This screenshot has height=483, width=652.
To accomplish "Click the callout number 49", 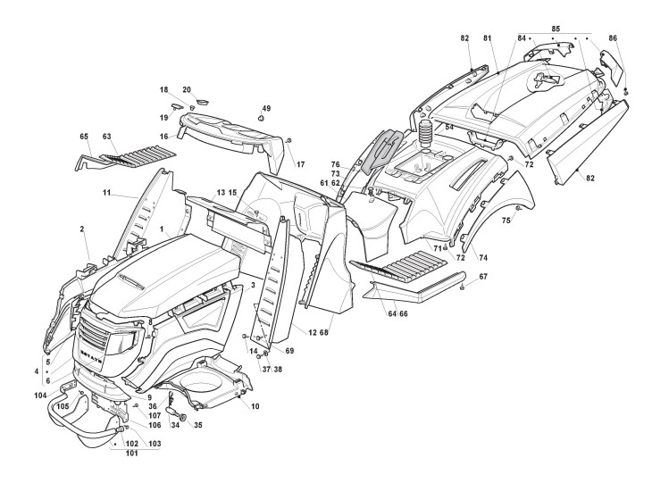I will [x=266, y=108].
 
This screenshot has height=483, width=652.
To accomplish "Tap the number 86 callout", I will [x=613, y=38].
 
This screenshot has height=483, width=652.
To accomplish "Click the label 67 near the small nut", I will [x=483, y=278].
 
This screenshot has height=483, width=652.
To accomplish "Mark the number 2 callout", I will [x=82, y=229].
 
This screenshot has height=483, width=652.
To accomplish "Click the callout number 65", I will [x=84, y=137].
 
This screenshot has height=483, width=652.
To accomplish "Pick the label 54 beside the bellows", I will [x=449, y=129].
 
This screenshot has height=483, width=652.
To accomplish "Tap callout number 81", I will [x=488, y=38].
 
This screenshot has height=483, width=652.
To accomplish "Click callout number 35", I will [x=197, y=425].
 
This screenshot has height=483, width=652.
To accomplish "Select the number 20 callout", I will [x=187, y=90].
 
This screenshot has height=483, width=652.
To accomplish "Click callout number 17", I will [x=301, y=164].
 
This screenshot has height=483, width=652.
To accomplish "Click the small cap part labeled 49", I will [x=262, y=117].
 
